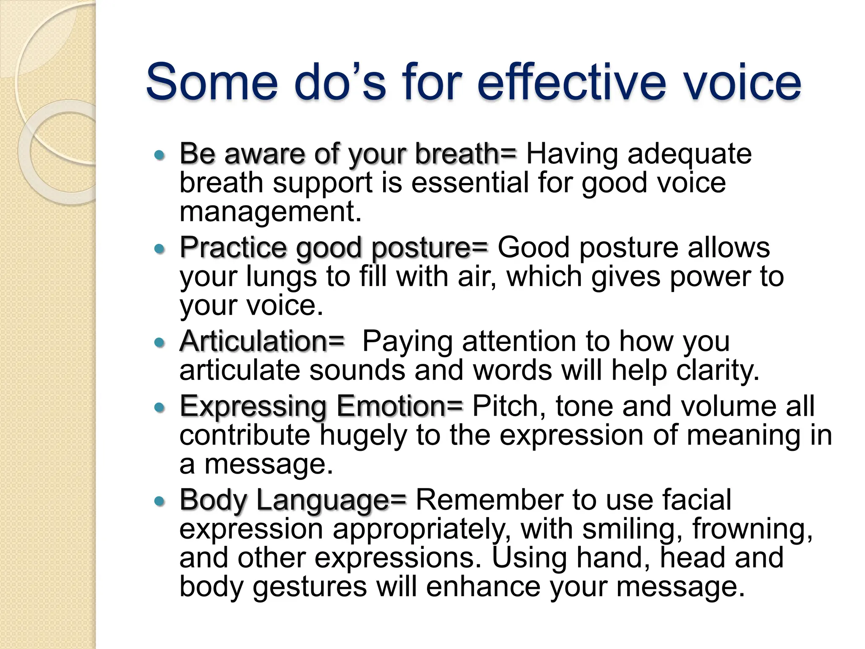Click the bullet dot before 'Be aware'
pos(159,155)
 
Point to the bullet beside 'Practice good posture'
pos(159,249)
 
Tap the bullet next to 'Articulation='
pos(159,342)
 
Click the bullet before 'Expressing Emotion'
pos(159,408)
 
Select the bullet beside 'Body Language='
pos(159,502)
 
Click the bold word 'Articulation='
pos(262,341)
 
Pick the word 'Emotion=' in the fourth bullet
pos(400,406)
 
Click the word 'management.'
pos(270,211)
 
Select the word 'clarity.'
pos(718,371)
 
